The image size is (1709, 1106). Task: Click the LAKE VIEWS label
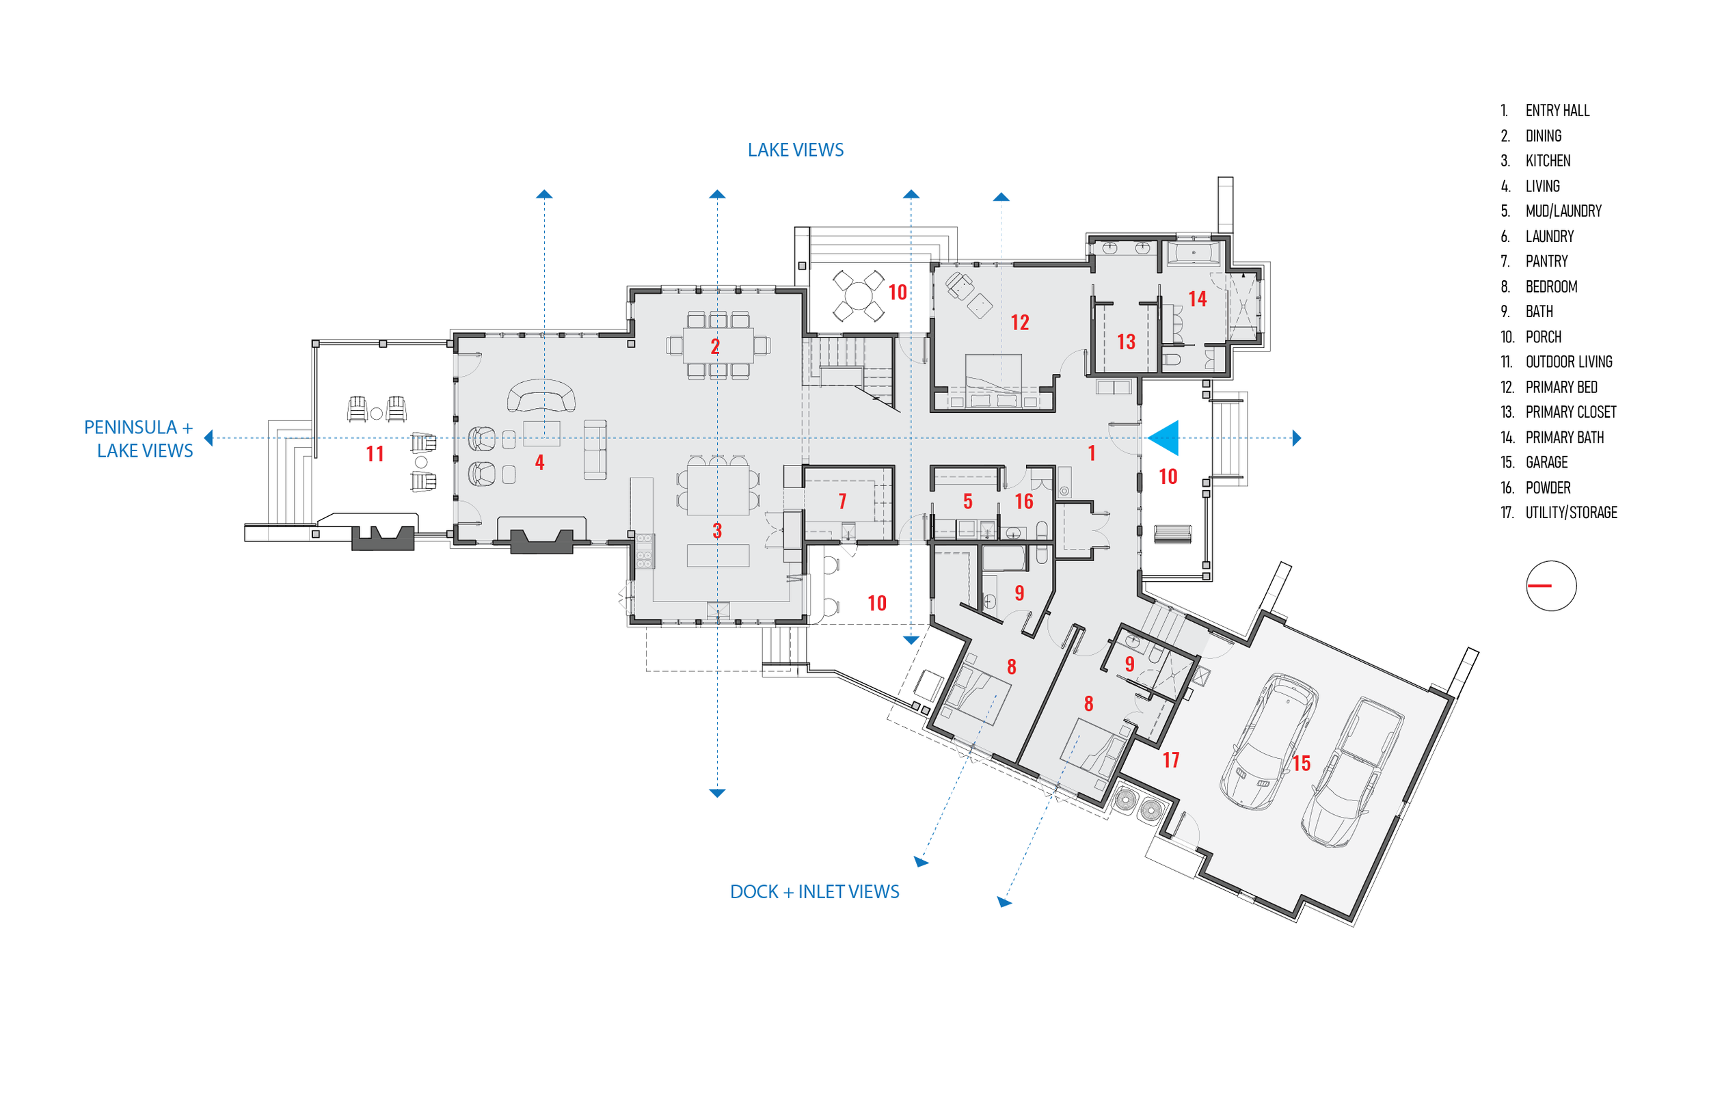tap(795, 150)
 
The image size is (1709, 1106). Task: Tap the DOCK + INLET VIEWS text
tap(814, 891)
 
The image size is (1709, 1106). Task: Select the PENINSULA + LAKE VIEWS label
tap(139, 439)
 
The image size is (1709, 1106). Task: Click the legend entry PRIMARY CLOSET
tap(1570, 412)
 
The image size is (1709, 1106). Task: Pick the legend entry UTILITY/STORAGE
tap(1571, 513)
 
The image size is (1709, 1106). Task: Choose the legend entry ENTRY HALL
tap(1557, 111)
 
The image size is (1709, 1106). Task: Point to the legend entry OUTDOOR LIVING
tap(1568, 362)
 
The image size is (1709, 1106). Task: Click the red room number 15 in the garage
tap(1301, 764)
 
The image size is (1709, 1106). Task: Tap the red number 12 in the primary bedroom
tap(1020, 323)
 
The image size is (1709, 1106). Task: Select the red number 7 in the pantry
tap(842, 501)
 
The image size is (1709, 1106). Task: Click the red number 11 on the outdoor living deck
tap(375, 454)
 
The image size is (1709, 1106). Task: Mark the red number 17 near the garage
tap(1171, 760)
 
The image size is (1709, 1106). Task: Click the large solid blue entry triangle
tap(1165, 437)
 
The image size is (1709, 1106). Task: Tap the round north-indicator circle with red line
tap(1551, 586)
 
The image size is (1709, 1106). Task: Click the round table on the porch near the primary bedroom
tap(858, 295)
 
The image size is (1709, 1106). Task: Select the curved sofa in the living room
tap(541, 396)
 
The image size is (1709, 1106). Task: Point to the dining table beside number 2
tap(718, 345)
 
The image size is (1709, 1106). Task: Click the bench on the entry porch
tap(1172, 534)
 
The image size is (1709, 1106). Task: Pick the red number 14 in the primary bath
tap(1197, 299)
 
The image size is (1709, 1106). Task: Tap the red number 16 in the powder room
tap(1024, 501)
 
